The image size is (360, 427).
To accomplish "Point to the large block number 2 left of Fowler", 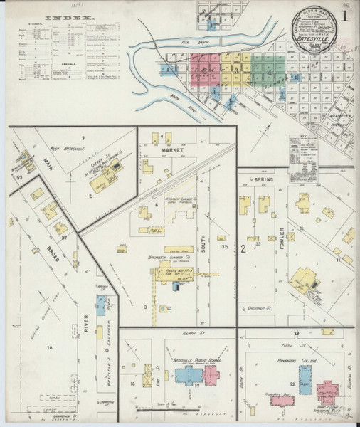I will (x=243, y=248).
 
